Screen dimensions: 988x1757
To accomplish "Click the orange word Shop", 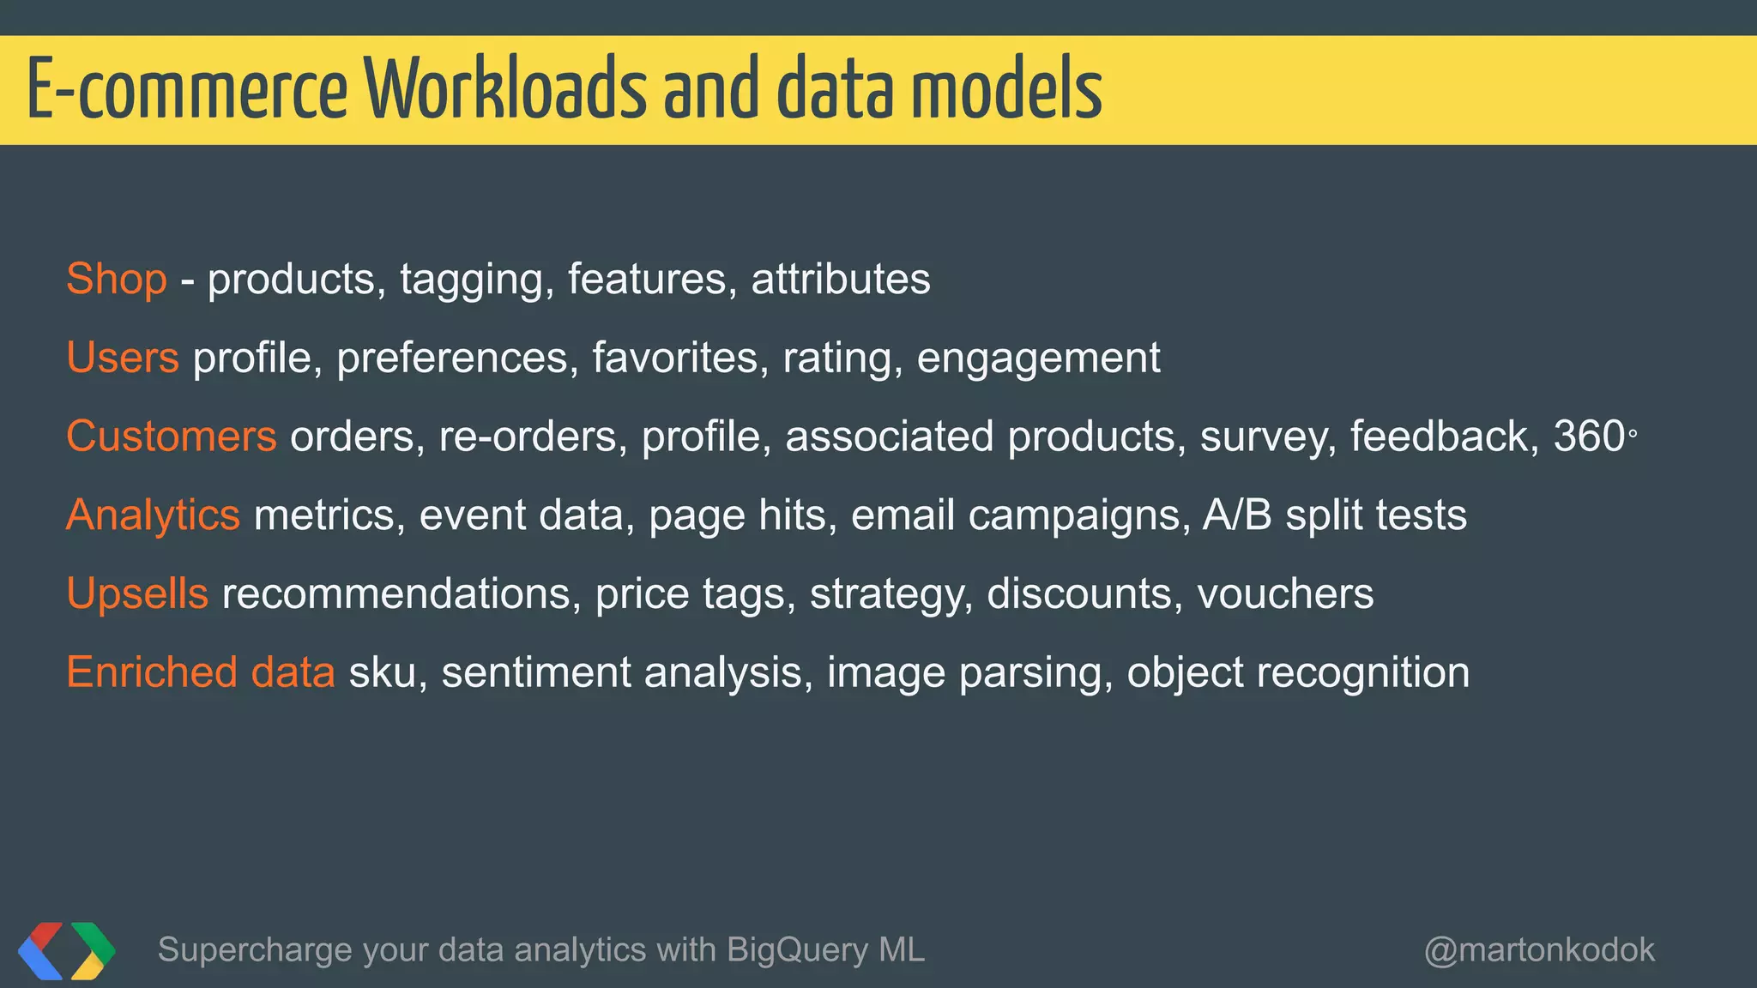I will point(117,279).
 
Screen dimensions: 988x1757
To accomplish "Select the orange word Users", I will point(123,358).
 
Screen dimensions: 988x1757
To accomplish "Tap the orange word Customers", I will point(172,437).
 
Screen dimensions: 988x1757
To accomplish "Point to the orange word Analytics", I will point(153,515).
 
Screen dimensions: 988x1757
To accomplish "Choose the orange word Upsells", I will point(137,593).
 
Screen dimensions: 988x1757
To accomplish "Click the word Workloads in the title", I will point(506,89).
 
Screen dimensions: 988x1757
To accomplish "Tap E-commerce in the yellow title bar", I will point(187,89).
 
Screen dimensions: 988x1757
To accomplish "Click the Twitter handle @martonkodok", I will point(1539,950).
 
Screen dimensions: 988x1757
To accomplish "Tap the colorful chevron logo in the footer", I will point(66,950).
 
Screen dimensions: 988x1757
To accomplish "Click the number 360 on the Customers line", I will point(1589,437).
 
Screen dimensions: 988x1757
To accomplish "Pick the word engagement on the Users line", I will point(1038,358).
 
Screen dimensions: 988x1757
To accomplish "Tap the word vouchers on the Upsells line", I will point(1285,593).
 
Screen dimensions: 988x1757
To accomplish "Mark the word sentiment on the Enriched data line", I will point(536,672).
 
